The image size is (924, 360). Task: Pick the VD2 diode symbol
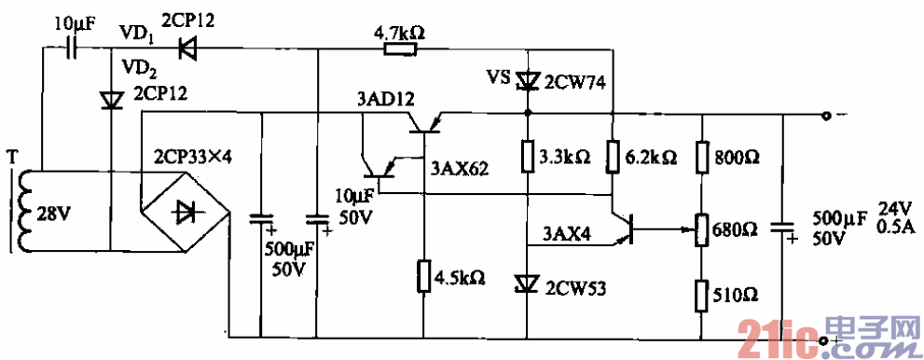click(x=112, y=98)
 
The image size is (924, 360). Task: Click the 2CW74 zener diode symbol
click(x=527, y=82)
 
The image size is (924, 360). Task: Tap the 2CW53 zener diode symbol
click(x=527, y=282)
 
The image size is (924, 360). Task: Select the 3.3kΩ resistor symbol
click(x=527, y=156)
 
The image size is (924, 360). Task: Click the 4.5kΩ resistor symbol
click(x=424, y=276)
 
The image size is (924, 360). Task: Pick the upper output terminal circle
click(x=824, y=117)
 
